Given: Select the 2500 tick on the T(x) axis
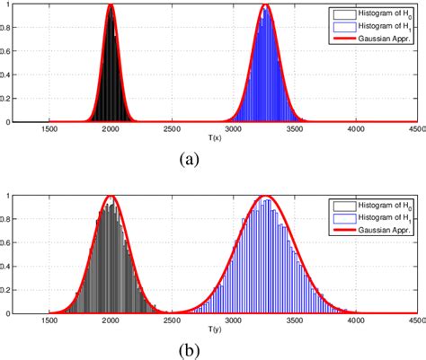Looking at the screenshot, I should (x=172, y=128).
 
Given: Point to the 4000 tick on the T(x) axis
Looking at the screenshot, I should (x=355, y=128).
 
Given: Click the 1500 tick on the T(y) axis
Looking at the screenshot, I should (x=49, y=319).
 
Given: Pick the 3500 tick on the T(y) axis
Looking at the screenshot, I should (x=294, y=319).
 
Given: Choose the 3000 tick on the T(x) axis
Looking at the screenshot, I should (x=233, y=128).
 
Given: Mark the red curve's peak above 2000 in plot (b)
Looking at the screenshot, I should (x=111, y=196).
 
